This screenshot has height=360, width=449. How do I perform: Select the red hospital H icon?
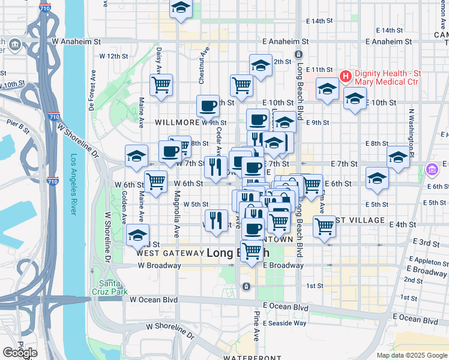point(345,76)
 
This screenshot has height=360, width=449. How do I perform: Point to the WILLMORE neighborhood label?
point(176,122)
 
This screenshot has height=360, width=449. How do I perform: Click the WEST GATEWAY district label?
point(170,253)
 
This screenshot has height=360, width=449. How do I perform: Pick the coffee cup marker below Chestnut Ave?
point(208,106)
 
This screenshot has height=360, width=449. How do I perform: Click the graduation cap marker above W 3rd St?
point(137,235)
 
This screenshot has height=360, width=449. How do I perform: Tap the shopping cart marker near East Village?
point(324,227)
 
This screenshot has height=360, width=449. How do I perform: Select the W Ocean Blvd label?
point(154,299)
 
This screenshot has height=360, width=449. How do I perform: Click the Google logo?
point(19,353)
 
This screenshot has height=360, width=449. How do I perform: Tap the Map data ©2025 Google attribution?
point(411,355)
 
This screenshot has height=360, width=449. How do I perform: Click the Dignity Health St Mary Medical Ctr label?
point(396,76)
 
